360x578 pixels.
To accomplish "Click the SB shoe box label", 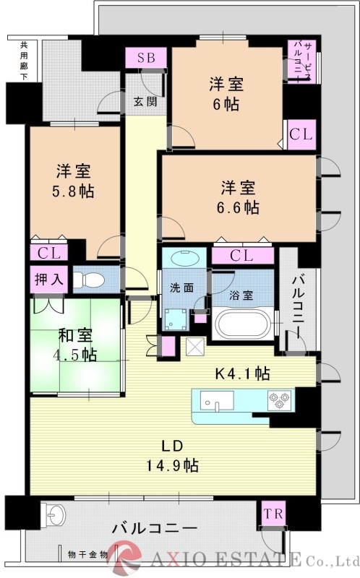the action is [146, 59].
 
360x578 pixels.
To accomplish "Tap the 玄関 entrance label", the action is [145, 101].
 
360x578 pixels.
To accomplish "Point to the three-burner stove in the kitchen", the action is [279, 400].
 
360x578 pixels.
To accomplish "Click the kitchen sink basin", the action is [217, 401].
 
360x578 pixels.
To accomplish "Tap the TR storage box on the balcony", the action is [273, 514].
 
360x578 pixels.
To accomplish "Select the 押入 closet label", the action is [49, 280].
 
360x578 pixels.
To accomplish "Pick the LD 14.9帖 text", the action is [173, 456].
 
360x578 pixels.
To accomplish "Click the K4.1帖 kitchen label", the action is [242, 374].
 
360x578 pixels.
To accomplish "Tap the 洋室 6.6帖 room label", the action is [238, 197].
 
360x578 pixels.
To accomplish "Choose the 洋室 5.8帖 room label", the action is [73, 181].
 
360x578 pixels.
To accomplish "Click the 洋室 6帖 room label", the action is [226, 94].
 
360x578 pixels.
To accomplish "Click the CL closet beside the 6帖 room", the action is [301, 134].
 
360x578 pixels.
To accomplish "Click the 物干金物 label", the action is [87, 554].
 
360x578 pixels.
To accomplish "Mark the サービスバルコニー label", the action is [301, 61].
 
